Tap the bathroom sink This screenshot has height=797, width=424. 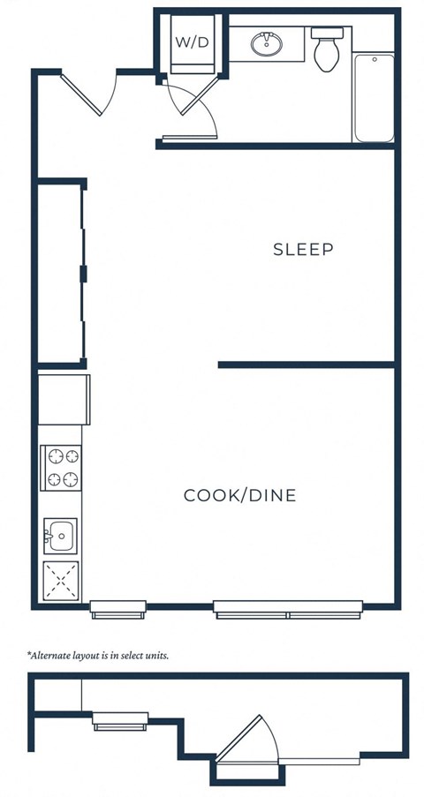(265, 43)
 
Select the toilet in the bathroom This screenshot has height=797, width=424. (326, 49)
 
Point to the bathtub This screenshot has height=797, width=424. (374, 97)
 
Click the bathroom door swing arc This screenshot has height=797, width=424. (196, 108)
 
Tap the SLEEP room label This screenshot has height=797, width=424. (303, 249)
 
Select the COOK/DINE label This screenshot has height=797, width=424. (239, 495)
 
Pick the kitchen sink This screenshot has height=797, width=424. (61, 535)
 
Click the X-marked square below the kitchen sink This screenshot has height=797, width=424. (61, 581)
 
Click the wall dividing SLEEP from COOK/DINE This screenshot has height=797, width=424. (305, 364)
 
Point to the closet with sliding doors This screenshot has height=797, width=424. (60, 274)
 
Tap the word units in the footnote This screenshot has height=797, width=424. (154, 656)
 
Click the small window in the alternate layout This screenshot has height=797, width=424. (120, 720)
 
